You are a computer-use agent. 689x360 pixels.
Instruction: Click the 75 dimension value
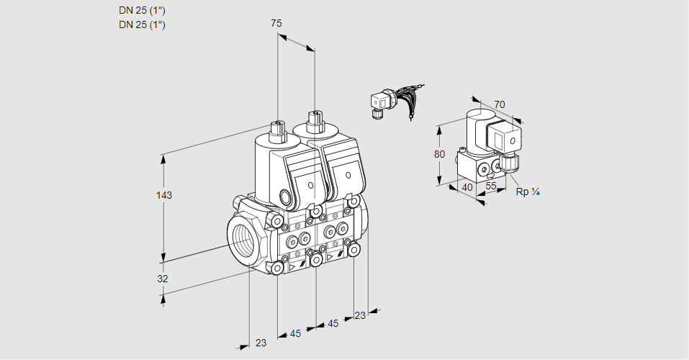[276, 23]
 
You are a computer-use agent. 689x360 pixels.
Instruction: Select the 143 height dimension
[166, 195]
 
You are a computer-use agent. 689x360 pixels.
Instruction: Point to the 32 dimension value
[163, 279]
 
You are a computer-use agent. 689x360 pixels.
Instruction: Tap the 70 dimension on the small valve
[500, 104]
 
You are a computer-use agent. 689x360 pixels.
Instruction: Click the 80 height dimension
[441, 154]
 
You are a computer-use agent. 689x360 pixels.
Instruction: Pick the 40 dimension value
[467, 187]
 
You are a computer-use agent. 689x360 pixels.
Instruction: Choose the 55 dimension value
[492, 186]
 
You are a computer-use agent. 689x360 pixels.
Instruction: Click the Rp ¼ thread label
[528, 192]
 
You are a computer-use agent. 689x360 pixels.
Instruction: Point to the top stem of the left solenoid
[276, 130]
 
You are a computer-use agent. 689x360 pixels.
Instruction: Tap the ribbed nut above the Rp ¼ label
[510, 163]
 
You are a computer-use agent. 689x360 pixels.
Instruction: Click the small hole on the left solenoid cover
[310, 186]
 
